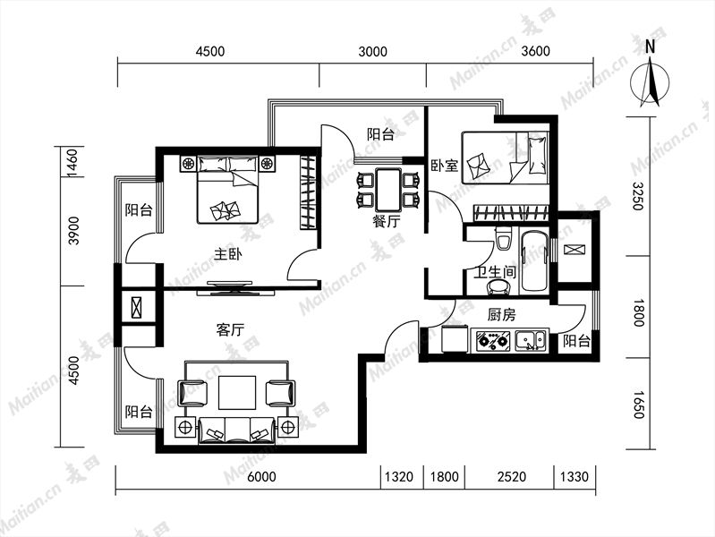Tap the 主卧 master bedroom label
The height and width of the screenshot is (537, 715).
coord(228,253)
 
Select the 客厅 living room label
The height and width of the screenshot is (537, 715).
coord(230,329)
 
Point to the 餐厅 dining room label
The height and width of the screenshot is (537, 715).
coord(387,222)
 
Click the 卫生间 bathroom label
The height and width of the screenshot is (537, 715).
coord(495,272)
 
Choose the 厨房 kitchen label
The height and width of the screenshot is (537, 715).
coord(502,314)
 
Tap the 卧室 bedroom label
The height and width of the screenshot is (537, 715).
coord(445,165)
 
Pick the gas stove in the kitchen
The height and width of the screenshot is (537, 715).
coord(492,340)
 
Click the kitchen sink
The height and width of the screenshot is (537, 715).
coord(531,340)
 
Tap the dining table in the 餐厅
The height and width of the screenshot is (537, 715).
coord(388,189)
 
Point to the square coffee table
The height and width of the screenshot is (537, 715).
coord(237,392)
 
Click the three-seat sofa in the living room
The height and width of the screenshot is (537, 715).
coord(236,430)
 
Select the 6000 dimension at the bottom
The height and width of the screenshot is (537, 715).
coord(261,477)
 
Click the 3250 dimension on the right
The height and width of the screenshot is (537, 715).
coord(637,196)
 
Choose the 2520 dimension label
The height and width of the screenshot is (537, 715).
coord(511,477)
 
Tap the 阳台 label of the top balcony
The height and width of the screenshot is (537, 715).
coord(380,134)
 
